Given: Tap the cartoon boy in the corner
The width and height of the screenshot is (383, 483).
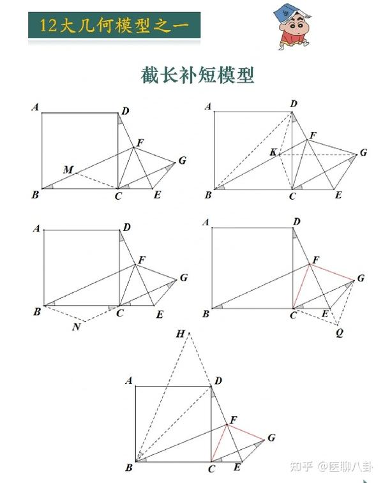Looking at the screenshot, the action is [290, 29].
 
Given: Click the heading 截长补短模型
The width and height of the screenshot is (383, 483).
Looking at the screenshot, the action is [197, 75].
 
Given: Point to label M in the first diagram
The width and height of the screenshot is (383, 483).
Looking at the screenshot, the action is [68, 169].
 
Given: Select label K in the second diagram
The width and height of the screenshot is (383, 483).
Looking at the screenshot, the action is [273, 152].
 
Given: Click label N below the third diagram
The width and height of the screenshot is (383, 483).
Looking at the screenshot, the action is [77, 327].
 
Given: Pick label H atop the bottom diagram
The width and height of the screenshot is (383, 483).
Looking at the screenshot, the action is [181, 334].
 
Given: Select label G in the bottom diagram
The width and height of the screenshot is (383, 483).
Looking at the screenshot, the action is [272, 438].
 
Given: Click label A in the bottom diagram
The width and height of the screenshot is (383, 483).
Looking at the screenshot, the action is [129, 381].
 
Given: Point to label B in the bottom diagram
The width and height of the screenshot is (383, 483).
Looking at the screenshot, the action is [129, 468].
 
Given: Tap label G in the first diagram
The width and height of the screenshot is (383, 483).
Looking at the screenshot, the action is [183, 160].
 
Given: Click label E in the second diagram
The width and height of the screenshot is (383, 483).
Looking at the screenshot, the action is [338, 195].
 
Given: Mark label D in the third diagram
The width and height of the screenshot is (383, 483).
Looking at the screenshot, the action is [127, 227].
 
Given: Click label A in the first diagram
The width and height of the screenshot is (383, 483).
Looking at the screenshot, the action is [36, 107].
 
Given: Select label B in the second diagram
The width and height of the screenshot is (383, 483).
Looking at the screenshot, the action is [207, 195].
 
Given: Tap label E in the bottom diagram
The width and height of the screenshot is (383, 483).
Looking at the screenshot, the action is [237, 468].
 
